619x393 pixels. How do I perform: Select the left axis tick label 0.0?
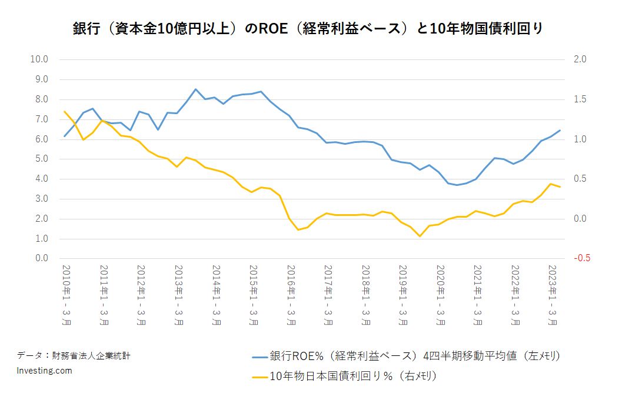[x=40, y=258]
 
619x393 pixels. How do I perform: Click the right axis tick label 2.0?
[x=580, y=59]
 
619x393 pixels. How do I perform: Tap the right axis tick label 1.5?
[x=580, y=99]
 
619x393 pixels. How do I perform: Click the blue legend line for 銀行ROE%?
[x=259, y=356]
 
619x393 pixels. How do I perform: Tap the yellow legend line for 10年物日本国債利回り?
[x=259, y=375]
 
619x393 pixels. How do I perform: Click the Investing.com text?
[x=45, y=371]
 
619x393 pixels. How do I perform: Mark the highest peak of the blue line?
[x=195, y=89]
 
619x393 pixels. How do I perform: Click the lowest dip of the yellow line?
[x=420, y=237]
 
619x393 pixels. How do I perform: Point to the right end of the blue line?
[x=560, y=130]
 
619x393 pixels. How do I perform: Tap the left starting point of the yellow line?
[x=65, y=111]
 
